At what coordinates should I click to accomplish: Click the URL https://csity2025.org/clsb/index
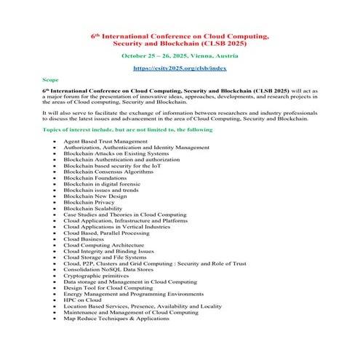point(179,68)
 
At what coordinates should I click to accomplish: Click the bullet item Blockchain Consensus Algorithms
point(108,170)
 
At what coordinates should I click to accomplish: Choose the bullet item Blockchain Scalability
point(93,209)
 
